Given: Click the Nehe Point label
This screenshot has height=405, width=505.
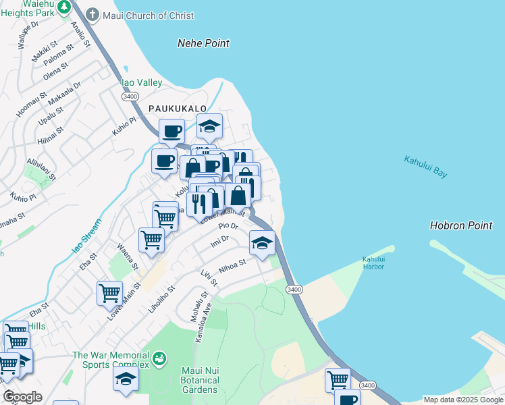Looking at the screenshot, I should coord(203,43).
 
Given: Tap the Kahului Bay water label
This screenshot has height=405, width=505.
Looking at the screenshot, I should coord(425,167).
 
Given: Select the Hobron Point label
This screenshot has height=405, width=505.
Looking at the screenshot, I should coord(461,225).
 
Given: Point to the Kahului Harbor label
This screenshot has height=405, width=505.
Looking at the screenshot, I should coord(373,263).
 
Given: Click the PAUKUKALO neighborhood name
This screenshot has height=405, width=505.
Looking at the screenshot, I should coord(169,108).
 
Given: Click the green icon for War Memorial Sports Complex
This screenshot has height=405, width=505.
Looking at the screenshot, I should coord(159,357).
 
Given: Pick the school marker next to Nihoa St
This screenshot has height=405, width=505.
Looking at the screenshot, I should coord(262,243).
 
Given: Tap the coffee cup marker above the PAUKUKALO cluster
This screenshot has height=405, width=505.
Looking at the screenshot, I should coord(171,130).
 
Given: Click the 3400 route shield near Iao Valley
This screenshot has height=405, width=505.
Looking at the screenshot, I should coord(130,97).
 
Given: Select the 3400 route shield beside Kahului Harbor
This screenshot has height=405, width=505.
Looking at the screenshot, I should coord(294,289).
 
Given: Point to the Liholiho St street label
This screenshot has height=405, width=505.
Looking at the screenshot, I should coord(162,298).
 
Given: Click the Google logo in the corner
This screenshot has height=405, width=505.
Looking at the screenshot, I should coord(23,397).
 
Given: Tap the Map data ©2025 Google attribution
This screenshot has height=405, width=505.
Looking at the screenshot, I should coord(463,400).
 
